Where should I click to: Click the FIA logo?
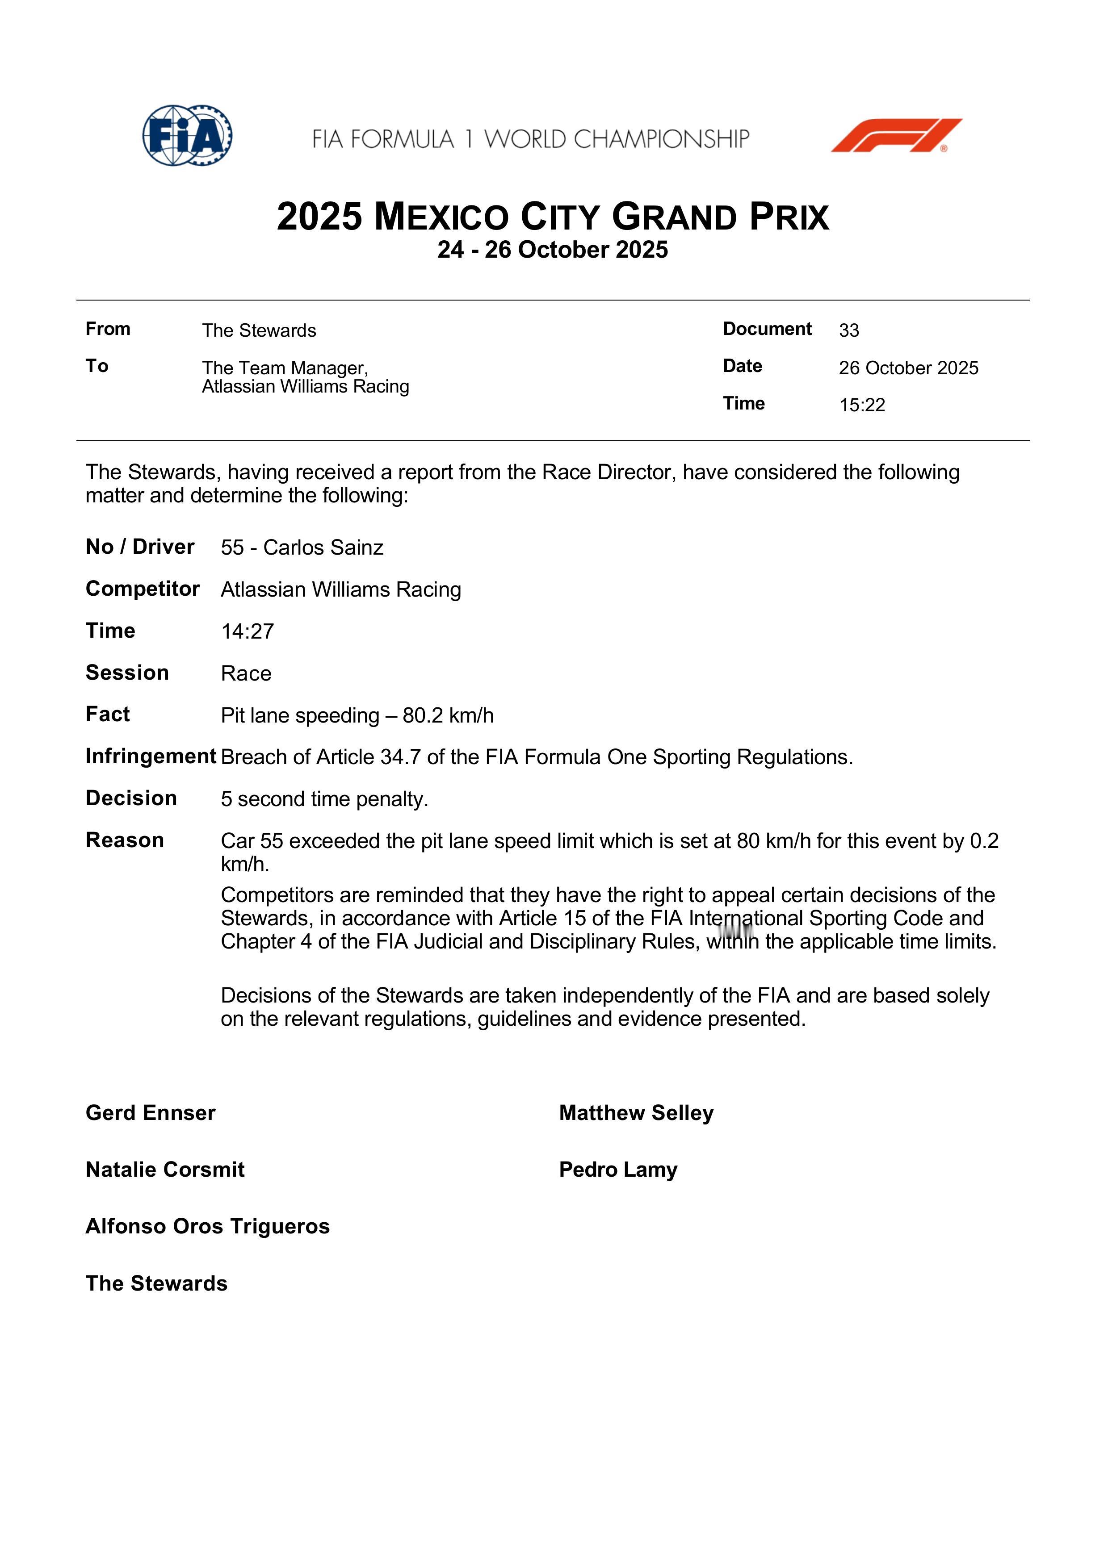(x=187, y=135)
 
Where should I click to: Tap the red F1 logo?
(x=896, y=135)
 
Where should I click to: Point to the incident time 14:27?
(x=247, y=631)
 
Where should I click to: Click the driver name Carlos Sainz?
(x=323, y=547)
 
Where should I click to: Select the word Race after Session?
(x=246, y=673)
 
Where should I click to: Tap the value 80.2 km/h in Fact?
(x=448, y=715)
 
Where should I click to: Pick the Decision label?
(x=131, y=798)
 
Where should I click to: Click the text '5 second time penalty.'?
(x=324, y=799)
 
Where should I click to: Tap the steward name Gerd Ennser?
(x=150, y=1113)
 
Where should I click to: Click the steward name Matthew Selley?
(x=636, y=1113)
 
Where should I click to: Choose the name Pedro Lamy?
(x=618, y=1170)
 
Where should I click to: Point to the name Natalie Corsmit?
(x=164, y=1170)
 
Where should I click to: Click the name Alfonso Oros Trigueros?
(x=208, y=1226)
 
